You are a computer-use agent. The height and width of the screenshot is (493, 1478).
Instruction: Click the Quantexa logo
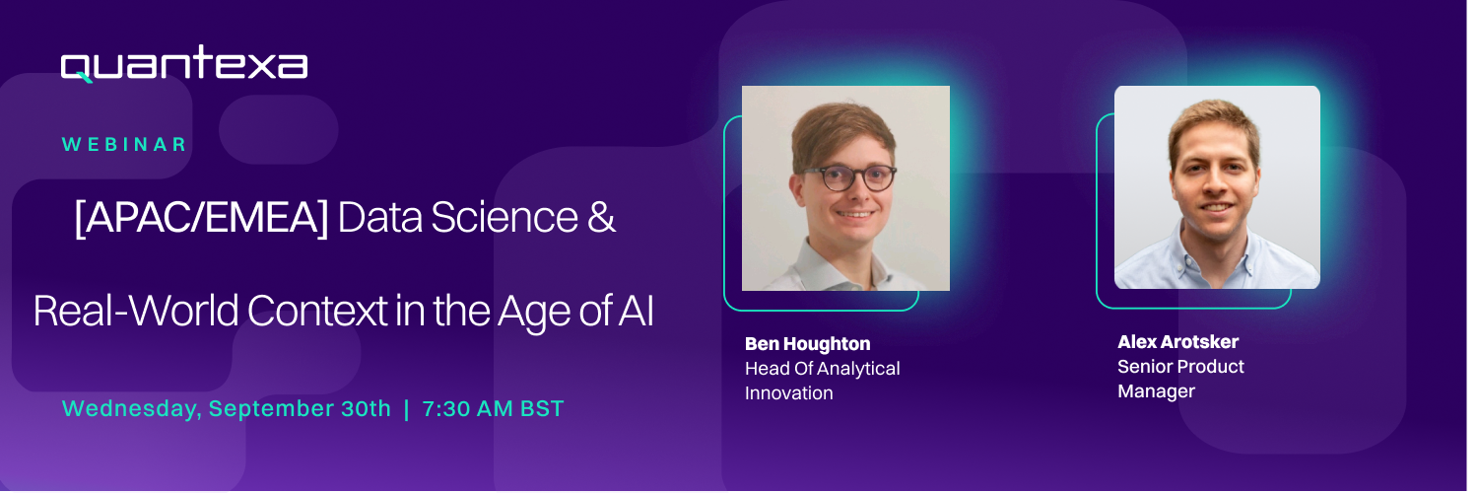184,64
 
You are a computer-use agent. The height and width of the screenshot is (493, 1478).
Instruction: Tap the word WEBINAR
125,145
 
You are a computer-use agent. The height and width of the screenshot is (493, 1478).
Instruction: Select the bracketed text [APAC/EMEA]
201,218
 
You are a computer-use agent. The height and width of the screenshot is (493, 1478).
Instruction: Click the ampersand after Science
601,217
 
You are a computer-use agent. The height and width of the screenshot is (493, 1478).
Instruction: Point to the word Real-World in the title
136,311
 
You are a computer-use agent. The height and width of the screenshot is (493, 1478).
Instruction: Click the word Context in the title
317,311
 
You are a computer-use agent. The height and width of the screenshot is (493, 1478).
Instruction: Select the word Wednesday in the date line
132,409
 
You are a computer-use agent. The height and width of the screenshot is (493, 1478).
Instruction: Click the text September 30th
301,408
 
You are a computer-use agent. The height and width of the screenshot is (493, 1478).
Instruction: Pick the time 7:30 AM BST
493,408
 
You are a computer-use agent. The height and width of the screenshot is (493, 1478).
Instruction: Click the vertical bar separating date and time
406,409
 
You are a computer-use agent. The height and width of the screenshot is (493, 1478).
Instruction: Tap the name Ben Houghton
808,344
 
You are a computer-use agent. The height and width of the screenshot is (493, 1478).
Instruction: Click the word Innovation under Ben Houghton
789,392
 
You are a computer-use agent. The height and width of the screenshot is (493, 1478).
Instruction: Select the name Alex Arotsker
1177,341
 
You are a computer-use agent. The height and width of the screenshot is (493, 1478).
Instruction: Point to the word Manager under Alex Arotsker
1156,391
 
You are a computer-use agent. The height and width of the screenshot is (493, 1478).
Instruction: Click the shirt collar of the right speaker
1218,247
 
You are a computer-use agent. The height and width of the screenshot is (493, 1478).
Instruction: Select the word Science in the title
504,217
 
